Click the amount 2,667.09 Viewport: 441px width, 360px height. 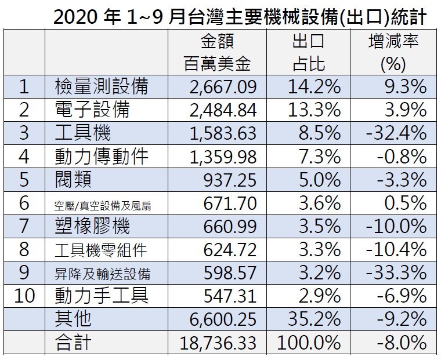click(x=223, y=87)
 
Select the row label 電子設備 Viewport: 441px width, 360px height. click(x=92, y=110)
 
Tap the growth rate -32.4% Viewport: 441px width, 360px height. click(x=396, y=133)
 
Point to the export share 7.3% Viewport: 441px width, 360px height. click(x=320, y=157)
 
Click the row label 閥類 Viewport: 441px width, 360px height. click(x=73, y=180)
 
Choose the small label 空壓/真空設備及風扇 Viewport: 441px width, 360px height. click(x=103, y=206)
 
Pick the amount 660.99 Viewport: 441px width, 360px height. click(x=230, y=227)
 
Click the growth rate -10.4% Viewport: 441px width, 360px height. click(x=396, y=250)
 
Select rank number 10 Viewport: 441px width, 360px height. click(x=24, y=296)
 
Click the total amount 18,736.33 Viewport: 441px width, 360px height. click(x=218, y=343)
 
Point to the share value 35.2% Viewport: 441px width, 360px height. click(x=315, y=319)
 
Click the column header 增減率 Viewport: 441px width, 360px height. click(x=393, y=41)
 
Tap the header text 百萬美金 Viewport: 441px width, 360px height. click(x=217, y=64)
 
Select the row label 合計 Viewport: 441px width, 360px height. click(x=73, y=343)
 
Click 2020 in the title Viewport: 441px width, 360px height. click(x=74, y=17)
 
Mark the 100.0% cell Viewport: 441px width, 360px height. click(x=309, y=343)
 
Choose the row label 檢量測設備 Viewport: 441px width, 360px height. click(x=101, y=86)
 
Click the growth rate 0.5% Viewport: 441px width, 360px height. click(x=405, y=203)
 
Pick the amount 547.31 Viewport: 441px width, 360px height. click(x=230, y=296)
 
